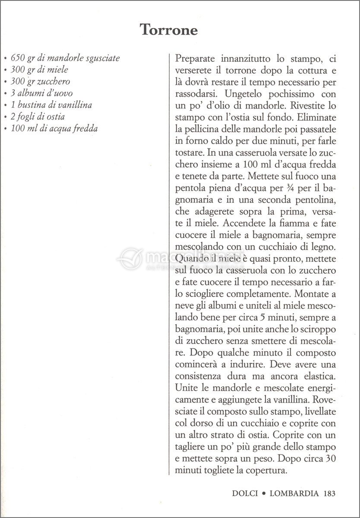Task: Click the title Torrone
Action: tap(169, 30)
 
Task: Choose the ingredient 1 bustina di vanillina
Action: tap(51, 105)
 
